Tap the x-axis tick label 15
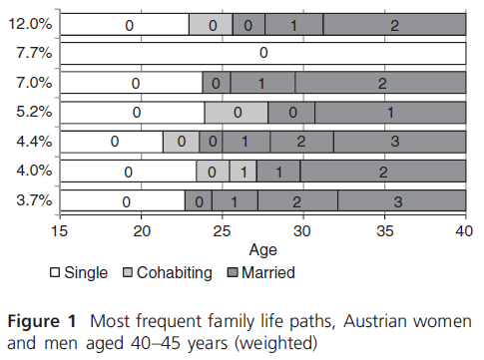pyautogui.click(x=60, y=233)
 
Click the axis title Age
pyautogui.click(x=262, y=250)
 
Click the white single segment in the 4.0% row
pyautogui.click(x=128, y=173)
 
